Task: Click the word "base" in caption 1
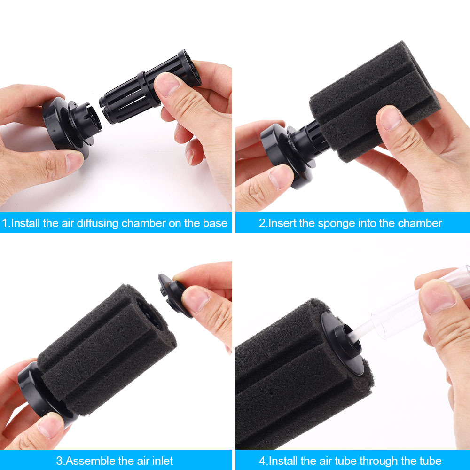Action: click(214, 223)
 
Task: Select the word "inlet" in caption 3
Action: click(161, 461)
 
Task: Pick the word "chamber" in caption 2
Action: click(419, 223)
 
